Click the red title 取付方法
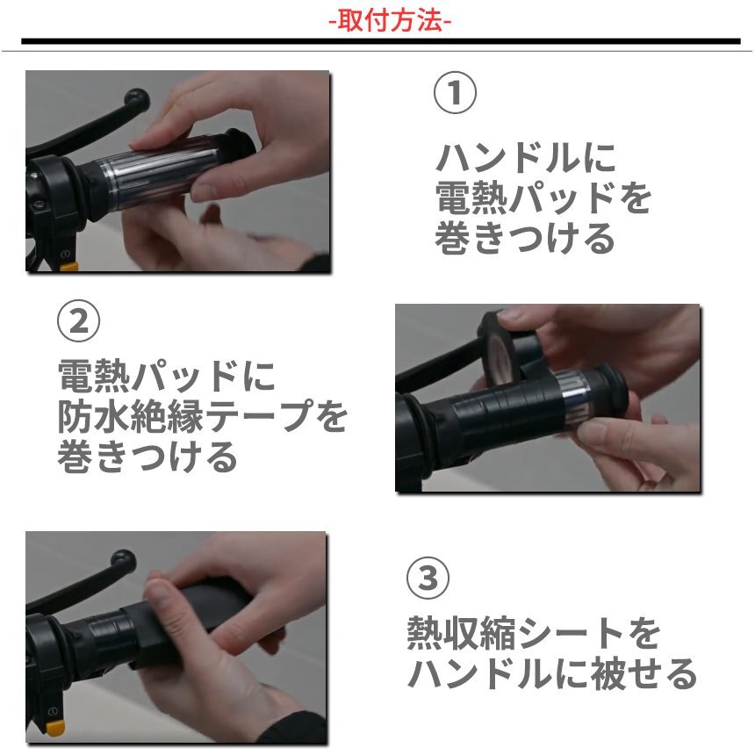point(390,21)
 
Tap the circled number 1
point(455,92)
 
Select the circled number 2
point(78,320)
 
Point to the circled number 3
point(428,578)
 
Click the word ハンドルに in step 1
point(526,158)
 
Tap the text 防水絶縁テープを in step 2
point(202,415)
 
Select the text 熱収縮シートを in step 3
point(534,633)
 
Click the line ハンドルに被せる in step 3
point(552,673)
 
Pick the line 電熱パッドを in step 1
point(543,198)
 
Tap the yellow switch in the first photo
point(68,266)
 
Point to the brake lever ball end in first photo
point(136,100)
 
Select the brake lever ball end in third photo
point(123,561)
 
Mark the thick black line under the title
point(380,41)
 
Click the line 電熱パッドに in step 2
point(166,376)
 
